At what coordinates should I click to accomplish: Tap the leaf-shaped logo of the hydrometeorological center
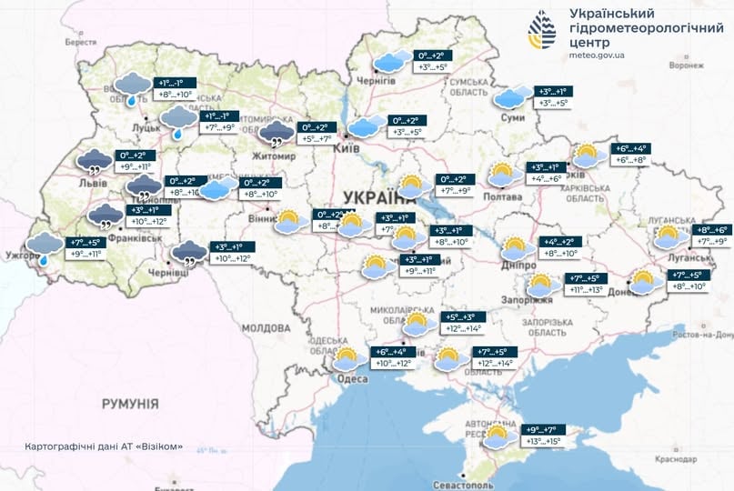tap(543, 31)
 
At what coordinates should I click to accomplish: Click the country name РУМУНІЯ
tap(130, 403)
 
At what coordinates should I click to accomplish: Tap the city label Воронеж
tap(686, 65)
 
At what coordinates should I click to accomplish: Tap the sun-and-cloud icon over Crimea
tap(497, 436)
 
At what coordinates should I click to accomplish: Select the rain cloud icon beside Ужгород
tap(44, 246)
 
